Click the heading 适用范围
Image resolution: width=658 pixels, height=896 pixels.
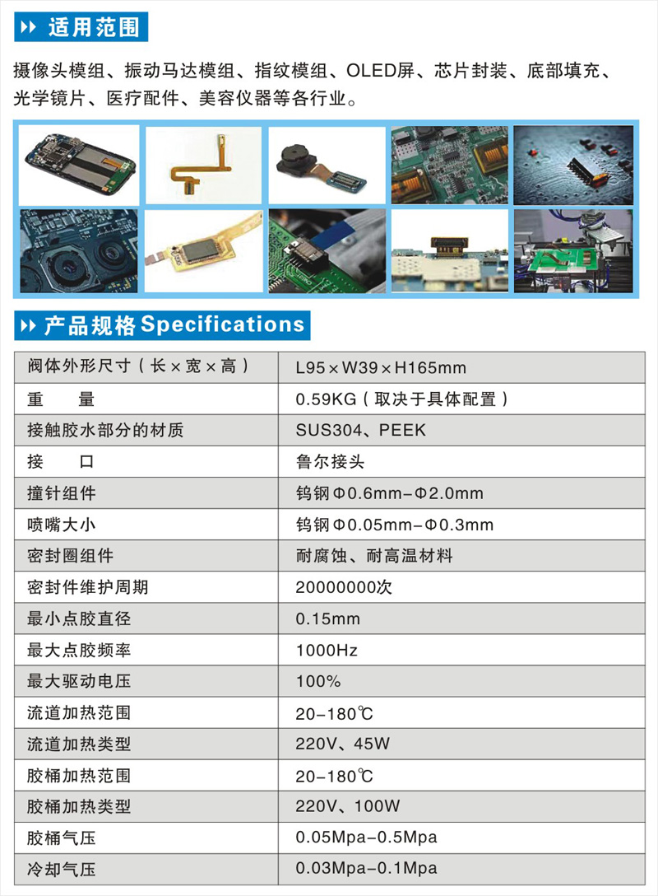pyautogui.click(x=94, y=27)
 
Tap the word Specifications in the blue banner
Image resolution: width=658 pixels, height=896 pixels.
pyautogui.click(x=223, y=324)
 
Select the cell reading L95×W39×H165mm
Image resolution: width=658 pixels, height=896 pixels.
pyautogui.click(x=381, y=367)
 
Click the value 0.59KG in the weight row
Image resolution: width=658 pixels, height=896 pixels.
pyautogui.click(x=326, y=399)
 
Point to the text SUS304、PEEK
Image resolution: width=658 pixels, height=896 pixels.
pyautogui.click(x=361, y=430)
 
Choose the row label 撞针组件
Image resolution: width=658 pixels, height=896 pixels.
pyautogui.click(x=62, y=493)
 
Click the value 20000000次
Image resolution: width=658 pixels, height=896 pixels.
pyautogui.click(x=344, y=587)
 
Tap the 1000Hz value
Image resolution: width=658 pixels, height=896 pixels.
pyautogui.click(x=327, y=651)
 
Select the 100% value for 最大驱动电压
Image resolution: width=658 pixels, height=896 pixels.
pyautogui.click(x=317, y=681)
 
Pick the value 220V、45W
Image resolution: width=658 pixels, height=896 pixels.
pyautogui.click(x=342, y=744)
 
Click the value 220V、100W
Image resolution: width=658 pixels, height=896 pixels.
pyautogui.click(x=348, y=806)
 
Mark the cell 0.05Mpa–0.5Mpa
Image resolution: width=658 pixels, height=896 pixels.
pyautogui.click(x=366, y=838)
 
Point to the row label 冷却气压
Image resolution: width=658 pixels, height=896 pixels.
pyautogui.click(x=62, y=869)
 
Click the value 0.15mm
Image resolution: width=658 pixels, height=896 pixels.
pyautogui.click(x=327, y=618)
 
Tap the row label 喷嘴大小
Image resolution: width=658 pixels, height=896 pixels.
pyautogui.click(x=62, y=525)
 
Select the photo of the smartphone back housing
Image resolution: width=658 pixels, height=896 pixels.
pyautogui.click(x=79, y=165)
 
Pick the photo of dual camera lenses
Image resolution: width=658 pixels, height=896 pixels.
pyautogui.click(x=79, y=251)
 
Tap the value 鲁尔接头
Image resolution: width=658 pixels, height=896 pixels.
pyautogui.click(x=330, y=462)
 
